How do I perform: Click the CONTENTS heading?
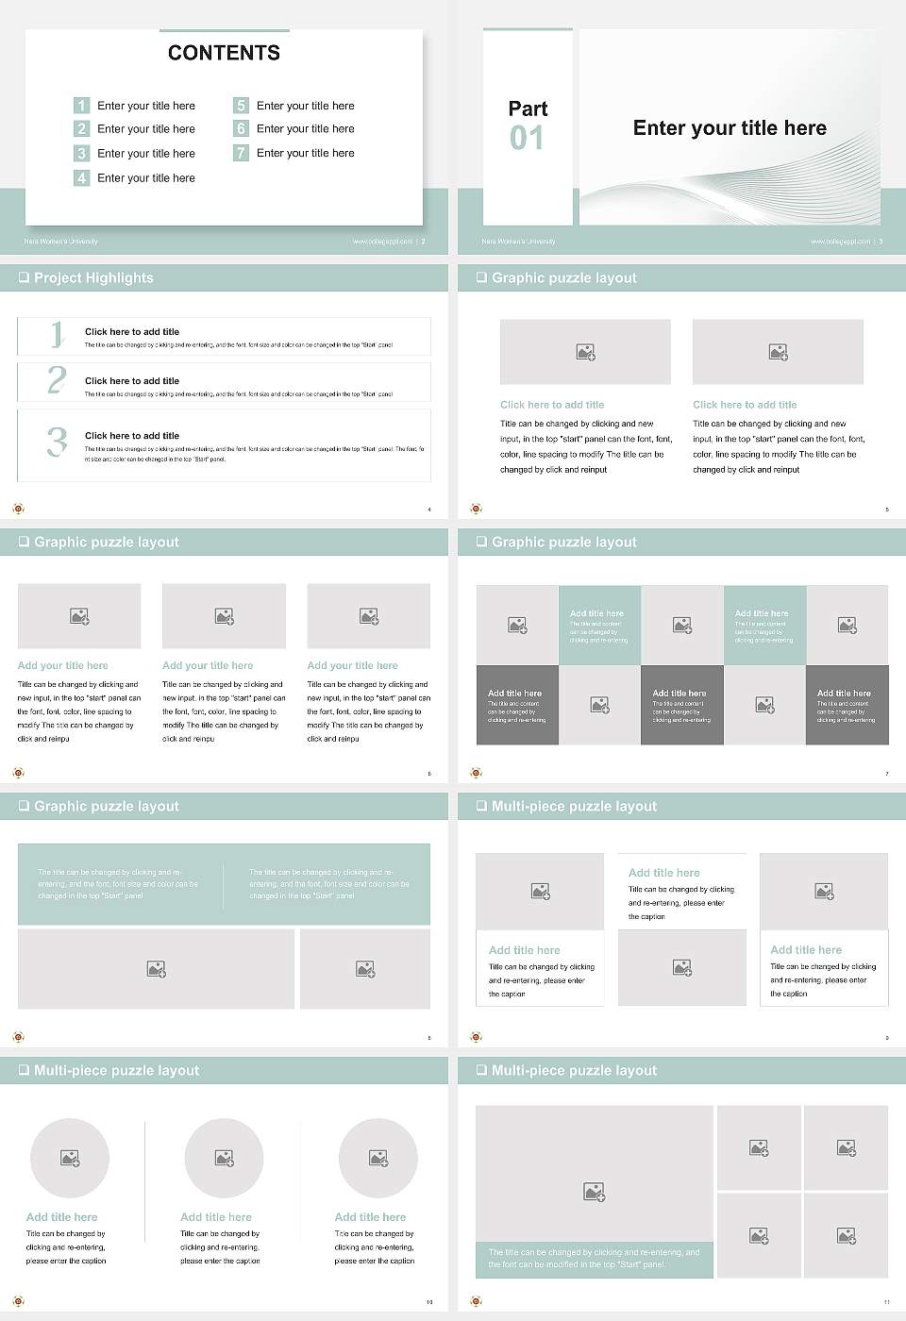coord(224,53)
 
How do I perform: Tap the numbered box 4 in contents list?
coord(81,177)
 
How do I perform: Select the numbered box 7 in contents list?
coord(241,153)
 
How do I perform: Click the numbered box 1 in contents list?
coord(81,106)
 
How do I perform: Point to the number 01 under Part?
coord(527,139)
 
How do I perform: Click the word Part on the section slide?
coord(528,109)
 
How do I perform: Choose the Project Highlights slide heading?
coord(93,278)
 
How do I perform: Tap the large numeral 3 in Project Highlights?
coord(57,442)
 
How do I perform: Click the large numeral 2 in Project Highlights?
coord(57,380)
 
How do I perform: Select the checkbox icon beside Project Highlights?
coord(24,277)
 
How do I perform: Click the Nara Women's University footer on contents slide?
coord(61,242)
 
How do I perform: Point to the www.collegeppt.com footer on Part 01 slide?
coord(840,242)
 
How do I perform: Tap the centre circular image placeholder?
coord(224,1158)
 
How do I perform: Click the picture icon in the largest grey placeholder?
coord(594,1193)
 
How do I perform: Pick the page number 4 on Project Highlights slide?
coord(429,510)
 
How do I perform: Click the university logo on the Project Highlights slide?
coord(18,509)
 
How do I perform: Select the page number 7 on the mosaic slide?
coord(886,774)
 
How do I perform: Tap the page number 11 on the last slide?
coord(886,1302)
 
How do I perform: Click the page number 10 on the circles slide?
coord(429,1302)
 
